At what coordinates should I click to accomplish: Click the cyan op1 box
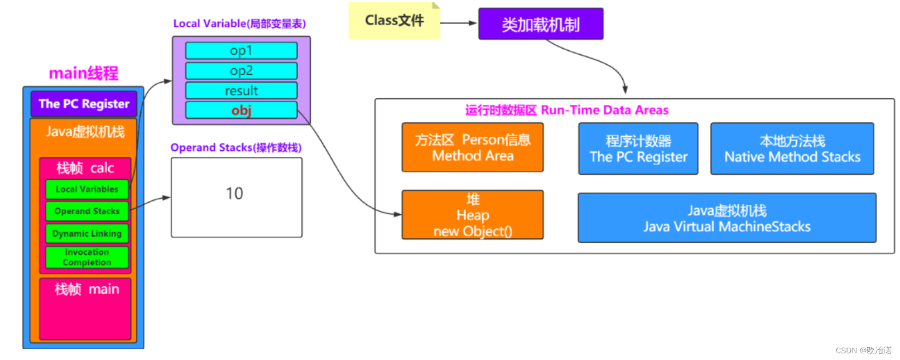(x=241, y=51)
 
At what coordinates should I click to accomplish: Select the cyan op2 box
(x=241, y=71)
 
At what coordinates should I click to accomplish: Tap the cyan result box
(x=241, y=90)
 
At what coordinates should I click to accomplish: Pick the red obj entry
(x=241, y=110)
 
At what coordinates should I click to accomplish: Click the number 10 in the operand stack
(x=234, y=194)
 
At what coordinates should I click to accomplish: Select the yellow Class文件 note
(x=394, y=21)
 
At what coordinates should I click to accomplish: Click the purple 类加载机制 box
(x=541, y=23)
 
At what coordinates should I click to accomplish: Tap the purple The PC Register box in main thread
(x=84, y=104)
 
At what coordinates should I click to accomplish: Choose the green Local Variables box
(x=87, y=189)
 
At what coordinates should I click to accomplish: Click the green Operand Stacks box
(x=87, y=212)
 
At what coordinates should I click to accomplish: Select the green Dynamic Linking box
(x=87, y=233)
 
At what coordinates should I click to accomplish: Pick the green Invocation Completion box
(x=87, y=257)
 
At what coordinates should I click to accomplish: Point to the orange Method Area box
(x=473, y=147)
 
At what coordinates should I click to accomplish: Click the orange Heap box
(x=473, y=215)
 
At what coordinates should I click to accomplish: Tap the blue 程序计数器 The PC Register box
(x=638, y=148)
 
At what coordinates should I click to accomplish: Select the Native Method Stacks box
(x=792, y=148)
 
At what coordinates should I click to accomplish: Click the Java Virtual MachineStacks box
(x=727, y=218)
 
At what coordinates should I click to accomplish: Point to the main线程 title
(x=84, y=73)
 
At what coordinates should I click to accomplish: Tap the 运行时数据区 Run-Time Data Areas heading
(x=567, y=110)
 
